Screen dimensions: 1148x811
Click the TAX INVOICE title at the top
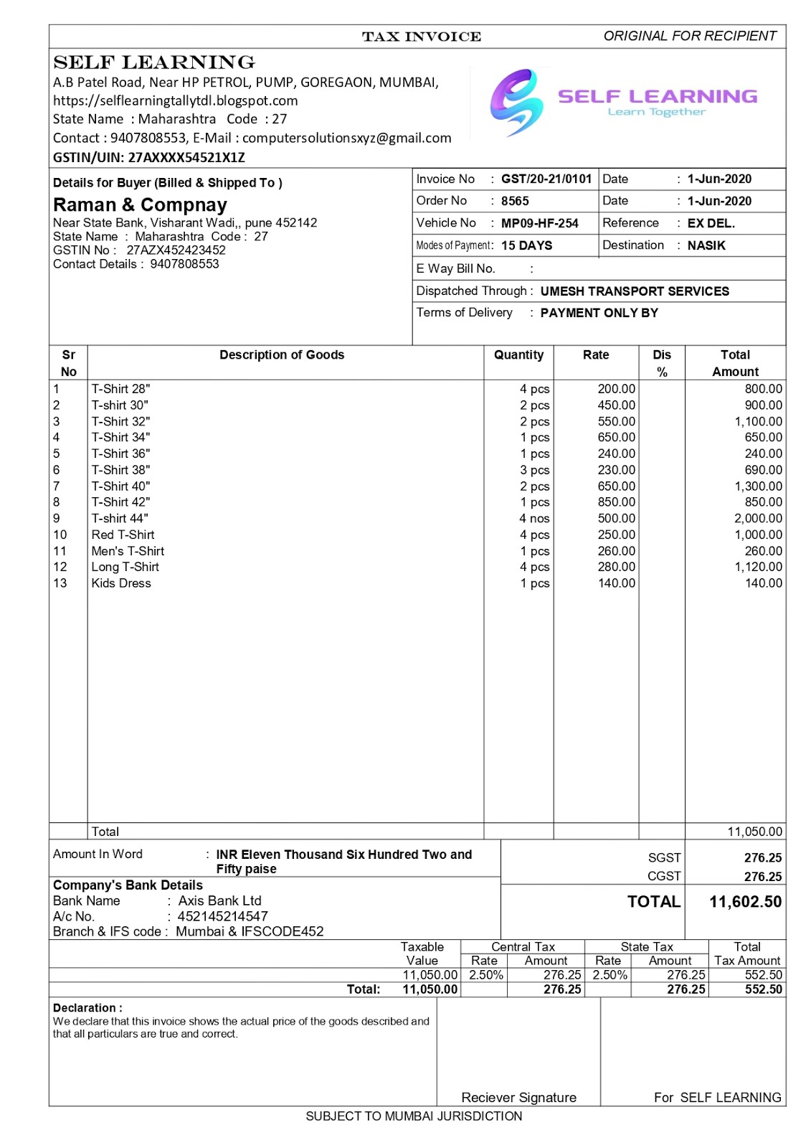click(x=421, y=37)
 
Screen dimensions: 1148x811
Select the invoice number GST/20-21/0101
click(x=546, y=179)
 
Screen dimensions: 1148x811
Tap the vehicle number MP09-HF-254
click(x=539, y=224)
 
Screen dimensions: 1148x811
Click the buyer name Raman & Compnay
click(x=140, y=205)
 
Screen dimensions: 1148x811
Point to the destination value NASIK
click(x=706, y=245)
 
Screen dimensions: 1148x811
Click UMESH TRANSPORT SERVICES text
click(x=634, y=291)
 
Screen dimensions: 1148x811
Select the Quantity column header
click(x=518, y=355)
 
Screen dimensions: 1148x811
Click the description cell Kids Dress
click(x=121, y=583)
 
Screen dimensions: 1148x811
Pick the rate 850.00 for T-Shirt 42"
click(x=616, y=502)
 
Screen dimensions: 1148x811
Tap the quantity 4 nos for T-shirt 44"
click(x=534, y=519)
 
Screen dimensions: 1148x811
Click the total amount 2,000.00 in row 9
click(x=758, y=519)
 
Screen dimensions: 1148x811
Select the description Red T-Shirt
click(x=123, y=535)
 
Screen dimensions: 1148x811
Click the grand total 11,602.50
click(x=745, y=902)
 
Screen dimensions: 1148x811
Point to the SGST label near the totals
click(x=664, y=858)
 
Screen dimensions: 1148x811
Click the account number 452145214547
click(x=222, y=917)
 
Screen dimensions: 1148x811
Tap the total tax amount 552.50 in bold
click(x=763, y=989)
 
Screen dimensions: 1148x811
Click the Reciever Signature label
click(x=518, y=1098)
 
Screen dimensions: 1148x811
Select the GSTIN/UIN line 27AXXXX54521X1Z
click(x=149, y=158)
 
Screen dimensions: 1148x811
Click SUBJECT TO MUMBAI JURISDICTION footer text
click(x=414, y=1116)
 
